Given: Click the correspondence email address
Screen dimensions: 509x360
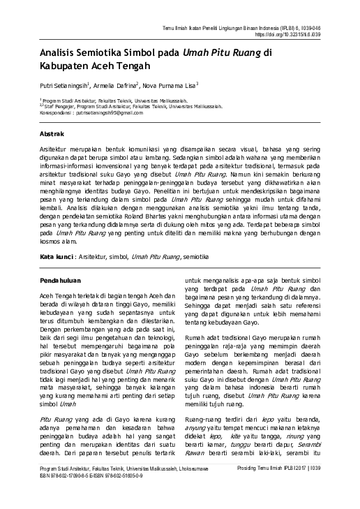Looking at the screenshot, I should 104,112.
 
